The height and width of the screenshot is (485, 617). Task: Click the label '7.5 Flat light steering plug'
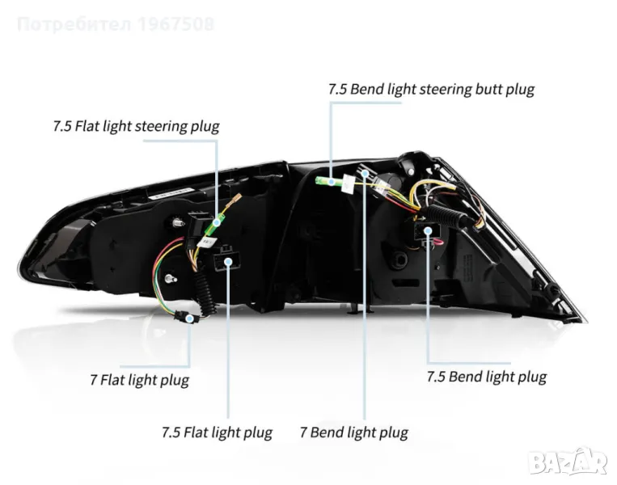(x=136, y=127)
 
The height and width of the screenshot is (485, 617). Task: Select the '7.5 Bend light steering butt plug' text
(x=431, y=89)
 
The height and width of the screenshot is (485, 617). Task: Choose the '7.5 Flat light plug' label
(x=217, y=432)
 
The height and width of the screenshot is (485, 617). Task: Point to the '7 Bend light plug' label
(x=353, y=432)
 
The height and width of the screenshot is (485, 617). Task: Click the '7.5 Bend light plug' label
(x=486, y=377)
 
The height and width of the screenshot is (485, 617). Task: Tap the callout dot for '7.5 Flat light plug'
(x=230, y=261)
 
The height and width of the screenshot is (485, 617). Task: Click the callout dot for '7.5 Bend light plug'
(x=428, y=231)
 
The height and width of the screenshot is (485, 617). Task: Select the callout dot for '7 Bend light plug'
(x=365, y=173)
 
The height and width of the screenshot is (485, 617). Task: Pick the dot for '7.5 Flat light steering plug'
(x=218, y=219)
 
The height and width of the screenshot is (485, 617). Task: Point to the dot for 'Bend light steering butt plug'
(x=330, y=182)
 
